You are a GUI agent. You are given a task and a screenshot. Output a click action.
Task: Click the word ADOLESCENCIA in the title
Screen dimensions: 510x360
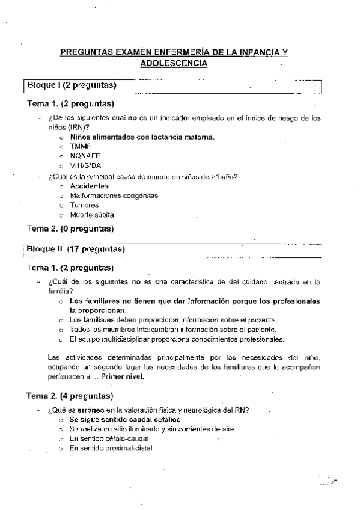pyautogui.click(x=173, y=63)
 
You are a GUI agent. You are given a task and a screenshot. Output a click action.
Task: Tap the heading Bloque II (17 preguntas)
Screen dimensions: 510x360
pyautogui.click(x=75, y=249)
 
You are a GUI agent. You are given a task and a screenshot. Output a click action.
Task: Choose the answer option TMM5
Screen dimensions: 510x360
pyautogui.click(x=79, y=146)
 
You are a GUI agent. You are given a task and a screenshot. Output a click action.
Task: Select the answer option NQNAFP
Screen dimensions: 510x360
pyautogui.click(x=84, y=155)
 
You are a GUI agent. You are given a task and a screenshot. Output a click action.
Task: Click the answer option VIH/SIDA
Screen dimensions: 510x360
pyautogui.click(x=85, y=165)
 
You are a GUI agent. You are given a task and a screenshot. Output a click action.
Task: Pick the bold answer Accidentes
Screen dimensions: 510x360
pyautogui.click(x=89, y=186)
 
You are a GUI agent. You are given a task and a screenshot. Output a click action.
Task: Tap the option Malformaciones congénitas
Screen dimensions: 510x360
pyautogui.click(x=114, y=195)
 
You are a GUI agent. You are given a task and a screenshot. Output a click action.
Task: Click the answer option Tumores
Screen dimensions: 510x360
pyautogui.click(x=84, y=205)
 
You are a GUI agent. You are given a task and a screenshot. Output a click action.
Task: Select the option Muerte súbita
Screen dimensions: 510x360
pyautogui.click(x=91, y=214)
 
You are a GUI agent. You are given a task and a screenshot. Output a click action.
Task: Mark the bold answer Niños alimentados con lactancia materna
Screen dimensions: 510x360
pyautogui.click(x=142, y=137)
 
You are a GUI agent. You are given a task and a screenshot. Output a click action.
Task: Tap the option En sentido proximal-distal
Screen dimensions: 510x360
pyautogui.click(x=111, y=448)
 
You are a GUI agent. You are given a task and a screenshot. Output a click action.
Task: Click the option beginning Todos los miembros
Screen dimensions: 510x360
pyautogui.click(x=172, y=329)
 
